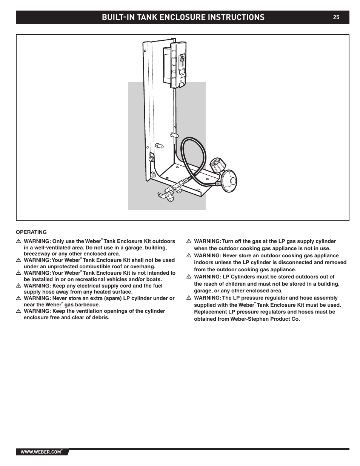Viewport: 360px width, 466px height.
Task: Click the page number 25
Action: tap(336, 17)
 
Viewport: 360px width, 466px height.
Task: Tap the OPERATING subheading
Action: tap(31, 232)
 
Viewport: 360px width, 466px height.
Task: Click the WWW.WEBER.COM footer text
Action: tap(41, 452)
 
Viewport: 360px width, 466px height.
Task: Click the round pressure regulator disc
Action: tap(230, 181)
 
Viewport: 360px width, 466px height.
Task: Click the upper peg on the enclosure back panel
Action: tap(174, 135)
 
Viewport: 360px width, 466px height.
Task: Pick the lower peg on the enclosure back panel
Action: tap(159, 145)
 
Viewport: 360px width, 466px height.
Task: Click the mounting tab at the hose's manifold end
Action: tap(162, 195)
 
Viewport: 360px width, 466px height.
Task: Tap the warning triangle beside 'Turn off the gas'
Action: tap(189, 241)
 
